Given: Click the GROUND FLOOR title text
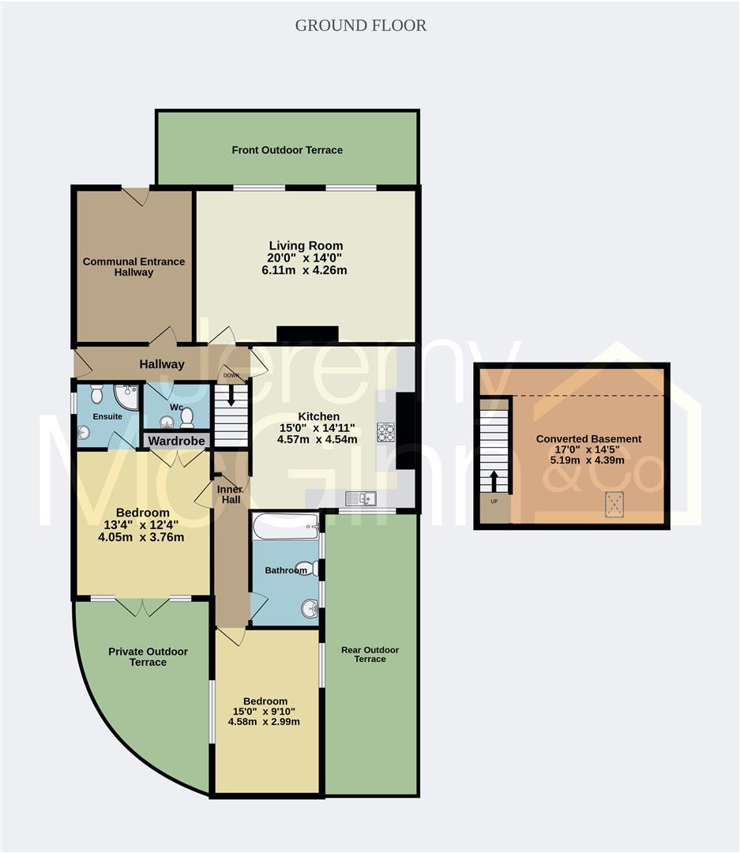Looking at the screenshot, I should (361, 25).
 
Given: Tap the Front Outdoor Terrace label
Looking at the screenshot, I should (287, 150).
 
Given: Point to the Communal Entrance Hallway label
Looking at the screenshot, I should (133, 267).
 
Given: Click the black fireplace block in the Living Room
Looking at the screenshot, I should (307, 334).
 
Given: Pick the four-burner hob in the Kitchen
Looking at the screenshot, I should (386, 432).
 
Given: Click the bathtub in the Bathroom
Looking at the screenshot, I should (285, 526).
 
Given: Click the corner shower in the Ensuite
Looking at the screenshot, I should (126, 394).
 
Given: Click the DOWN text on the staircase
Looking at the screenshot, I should (231, 376).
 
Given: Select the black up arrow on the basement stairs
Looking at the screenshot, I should (494, 479).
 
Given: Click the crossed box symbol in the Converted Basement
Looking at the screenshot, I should (614, 503).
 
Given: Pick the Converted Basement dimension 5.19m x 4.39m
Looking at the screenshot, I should (588, 461).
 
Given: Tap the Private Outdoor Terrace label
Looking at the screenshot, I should (148, 656).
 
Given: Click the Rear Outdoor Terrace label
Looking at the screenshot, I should (370, 654).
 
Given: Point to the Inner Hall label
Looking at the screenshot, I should (230, 494).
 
